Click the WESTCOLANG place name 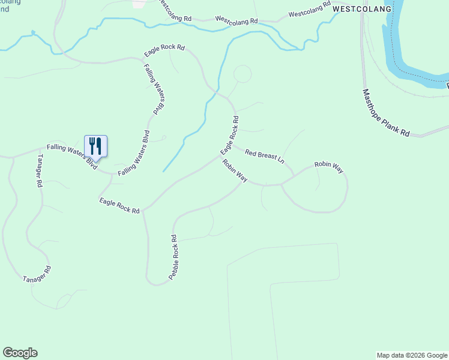(x=361, y=9)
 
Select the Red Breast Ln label (x=264, y=155)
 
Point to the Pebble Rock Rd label (x=174, y=259)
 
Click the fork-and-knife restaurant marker (x=95, y=146)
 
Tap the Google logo (x=20, y=353)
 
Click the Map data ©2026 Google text (x=412, y=355)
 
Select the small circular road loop (x=242, y=74)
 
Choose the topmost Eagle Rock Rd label (x=164, y=52)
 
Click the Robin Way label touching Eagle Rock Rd (x=235, y=170)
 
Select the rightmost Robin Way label (x=329, y=167)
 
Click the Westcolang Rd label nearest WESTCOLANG (x=309, y=10)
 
